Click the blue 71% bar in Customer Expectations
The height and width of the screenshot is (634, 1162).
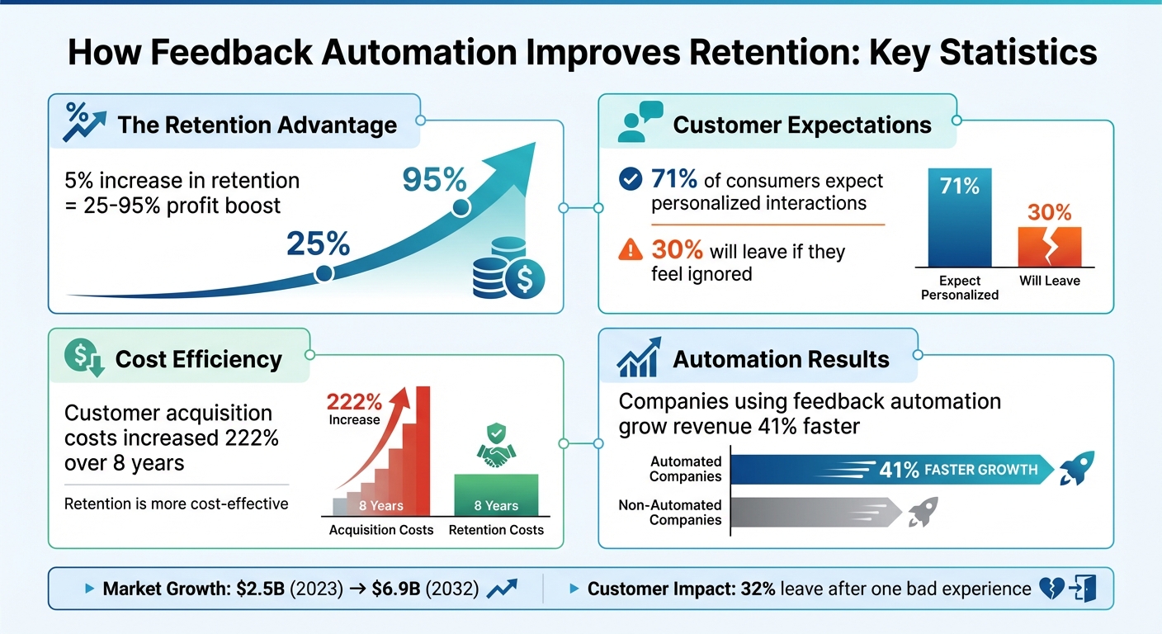pos(959,219)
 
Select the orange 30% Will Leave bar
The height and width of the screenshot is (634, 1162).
pos(1049,246)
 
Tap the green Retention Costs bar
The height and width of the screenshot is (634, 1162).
pos(496,494)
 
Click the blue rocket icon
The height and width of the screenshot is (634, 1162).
pos(1077,468)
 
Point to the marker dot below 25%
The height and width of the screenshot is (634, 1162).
pos(324,273)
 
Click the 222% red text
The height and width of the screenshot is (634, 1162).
pos(354,402)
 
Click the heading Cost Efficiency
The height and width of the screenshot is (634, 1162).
pos(198,359)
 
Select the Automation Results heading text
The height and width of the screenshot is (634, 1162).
pos(781,359)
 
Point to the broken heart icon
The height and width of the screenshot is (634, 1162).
pos(1051,589)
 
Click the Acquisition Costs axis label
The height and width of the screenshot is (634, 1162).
pos(381,530)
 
